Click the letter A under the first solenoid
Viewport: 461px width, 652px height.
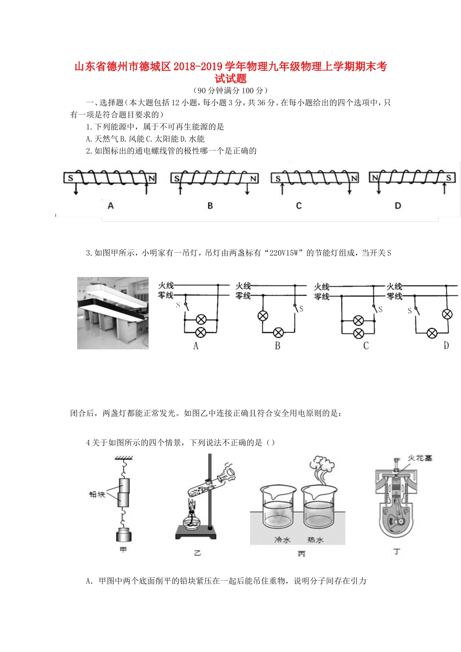click(111, 206)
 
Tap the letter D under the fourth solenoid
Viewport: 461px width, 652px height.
click(398, 206)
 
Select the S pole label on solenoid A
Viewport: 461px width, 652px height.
click(71, 178)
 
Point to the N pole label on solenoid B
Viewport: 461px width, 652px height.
click(253, 179)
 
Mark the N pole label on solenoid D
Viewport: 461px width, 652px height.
click(375, 178)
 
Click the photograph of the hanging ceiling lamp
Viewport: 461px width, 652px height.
click(113, 313)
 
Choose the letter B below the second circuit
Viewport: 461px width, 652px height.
click(278, 346)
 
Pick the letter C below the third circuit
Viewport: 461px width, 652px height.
click(366, 346)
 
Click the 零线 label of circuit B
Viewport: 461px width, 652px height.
click(243, 295)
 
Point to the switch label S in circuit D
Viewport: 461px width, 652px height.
click(410, 310)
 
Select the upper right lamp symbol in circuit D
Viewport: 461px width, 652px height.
click(447, 314)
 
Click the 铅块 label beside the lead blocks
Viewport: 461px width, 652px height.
click(97, 494)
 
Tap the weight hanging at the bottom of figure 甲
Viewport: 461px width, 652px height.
click(124, 535)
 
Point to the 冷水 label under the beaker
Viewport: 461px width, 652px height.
click(282, 539)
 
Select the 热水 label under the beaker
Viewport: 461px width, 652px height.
click(315, 539)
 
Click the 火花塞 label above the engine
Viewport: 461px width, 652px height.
click(420, 458)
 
